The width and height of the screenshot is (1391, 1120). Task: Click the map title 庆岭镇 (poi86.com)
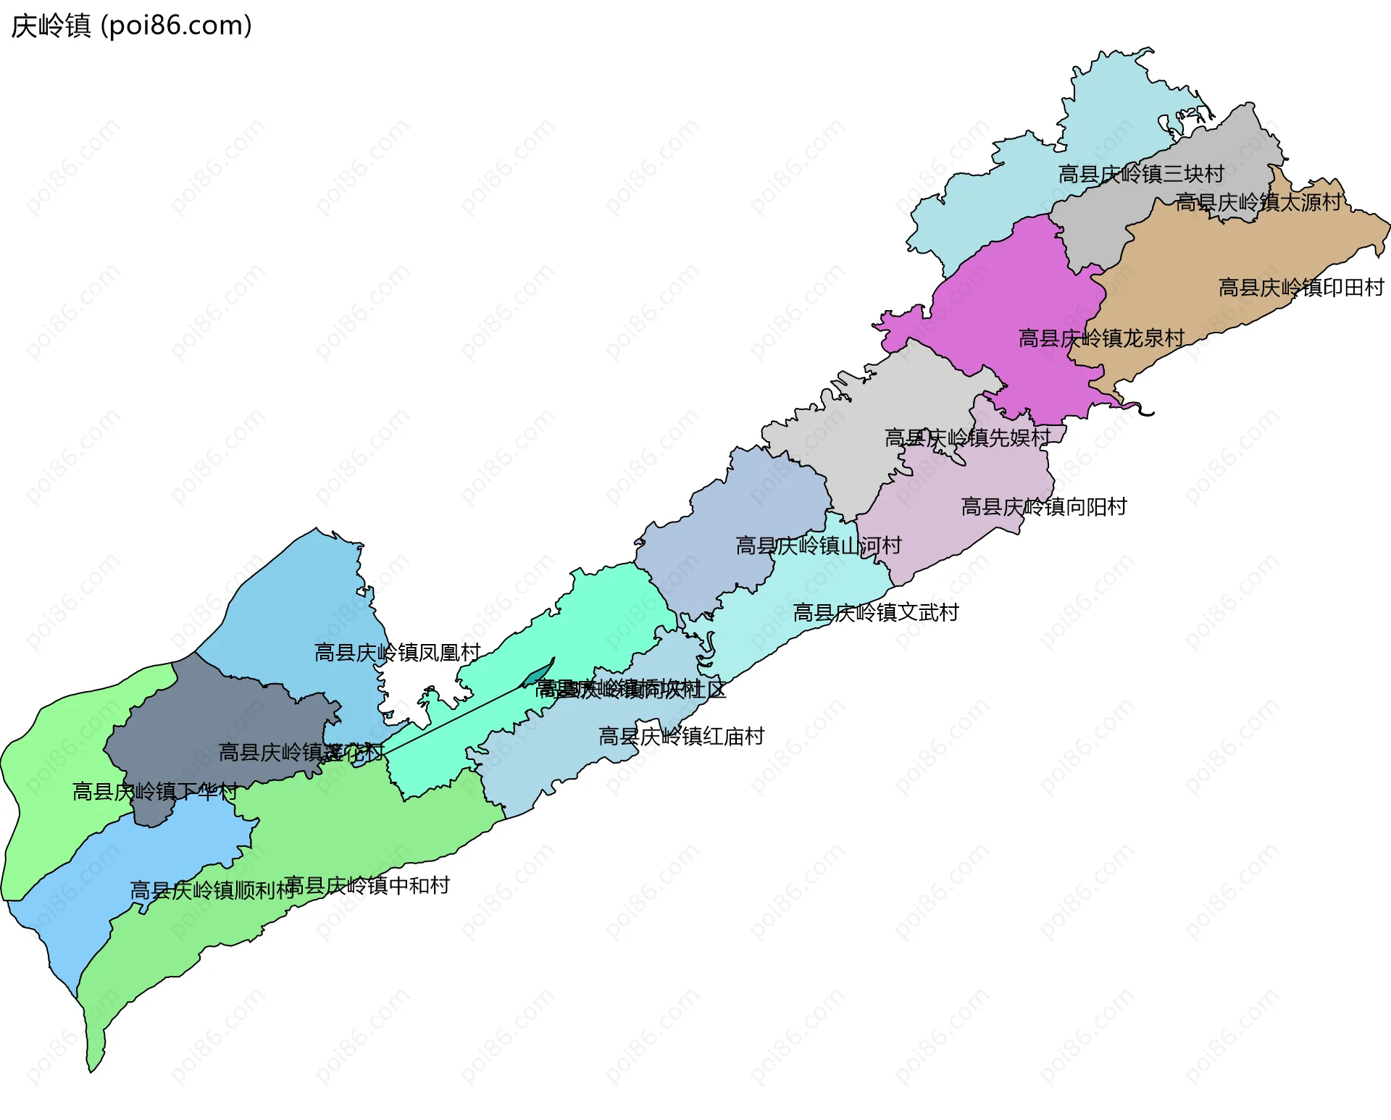click(131, 25)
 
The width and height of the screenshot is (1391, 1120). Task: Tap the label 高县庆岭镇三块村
click(1141, 174)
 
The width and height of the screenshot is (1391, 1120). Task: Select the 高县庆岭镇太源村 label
click(1258, 202)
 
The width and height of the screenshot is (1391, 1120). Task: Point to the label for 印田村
click(1301, 288)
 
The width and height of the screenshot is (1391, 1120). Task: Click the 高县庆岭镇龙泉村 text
click(1101, 338)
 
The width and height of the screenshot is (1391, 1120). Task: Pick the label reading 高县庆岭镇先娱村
click(968, 438)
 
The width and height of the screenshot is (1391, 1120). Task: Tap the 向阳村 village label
click(1044, 506)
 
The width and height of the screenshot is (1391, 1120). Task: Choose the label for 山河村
click(819, 546)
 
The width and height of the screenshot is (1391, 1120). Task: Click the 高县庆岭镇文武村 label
click(876, 613)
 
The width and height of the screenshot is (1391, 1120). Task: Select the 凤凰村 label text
click(398, 653)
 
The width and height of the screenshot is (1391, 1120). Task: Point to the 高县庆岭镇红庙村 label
click(682, 737)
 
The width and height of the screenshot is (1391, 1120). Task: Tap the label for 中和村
click(368, 885)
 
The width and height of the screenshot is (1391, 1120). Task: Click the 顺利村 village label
click(212, 890)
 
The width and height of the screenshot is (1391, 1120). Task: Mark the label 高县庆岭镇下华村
click(155, 791)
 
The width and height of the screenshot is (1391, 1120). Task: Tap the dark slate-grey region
click(217, 717)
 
